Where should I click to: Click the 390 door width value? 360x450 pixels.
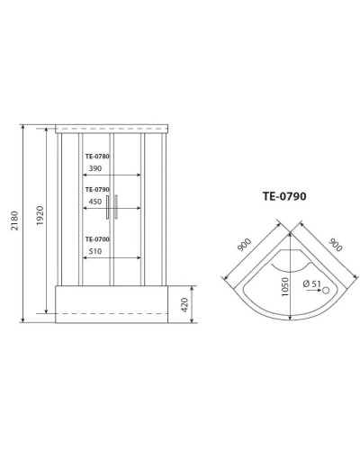(x=94, y=168)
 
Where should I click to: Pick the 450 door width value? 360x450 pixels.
(x=94, y=202)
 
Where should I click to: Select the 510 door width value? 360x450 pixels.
(x=94, y=251)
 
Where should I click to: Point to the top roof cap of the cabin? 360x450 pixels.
(x=112, y=127)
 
